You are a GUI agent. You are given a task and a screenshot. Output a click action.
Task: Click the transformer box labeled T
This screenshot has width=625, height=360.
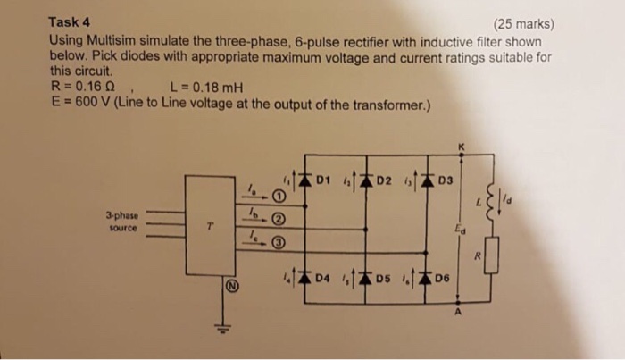211,225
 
